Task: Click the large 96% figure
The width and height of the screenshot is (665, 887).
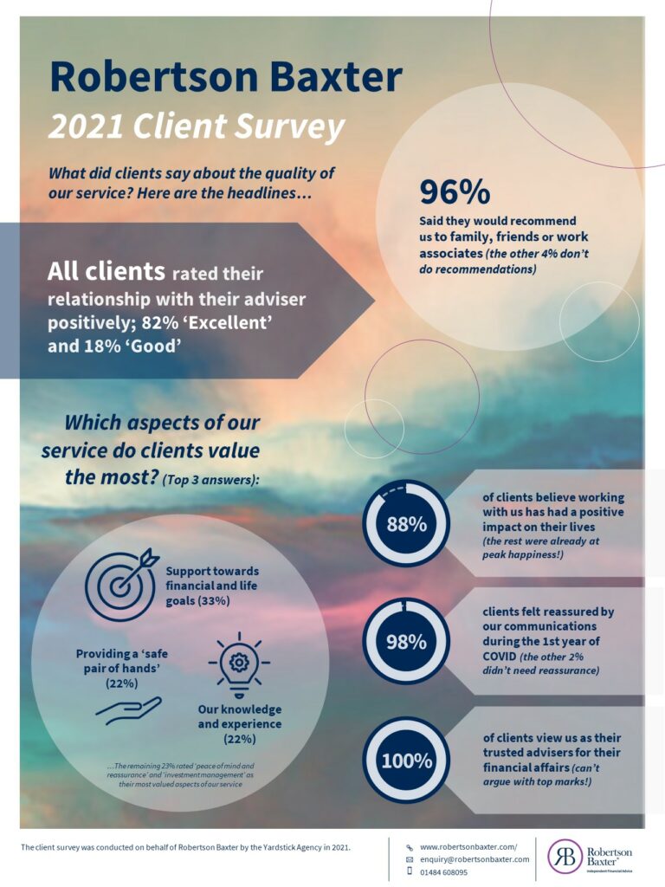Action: click(455, 191)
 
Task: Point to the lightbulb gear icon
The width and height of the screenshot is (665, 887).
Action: click(239, 665)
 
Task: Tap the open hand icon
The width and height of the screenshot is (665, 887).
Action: click(128, 710)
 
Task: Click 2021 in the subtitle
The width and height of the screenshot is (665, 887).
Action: click(86, 126)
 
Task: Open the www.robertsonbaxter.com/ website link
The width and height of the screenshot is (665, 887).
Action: click(468, 847)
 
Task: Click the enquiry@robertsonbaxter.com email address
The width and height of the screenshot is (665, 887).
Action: click(475, 859)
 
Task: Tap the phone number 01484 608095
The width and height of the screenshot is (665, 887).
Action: click(444, 872)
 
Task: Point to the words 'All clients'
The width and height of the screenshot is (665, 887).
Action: click(106, 271)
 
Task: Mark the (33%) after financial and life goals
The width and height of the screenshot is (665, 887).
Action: click(213, 600)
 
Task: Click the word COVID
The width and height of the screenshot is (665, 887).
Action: click(500, 657)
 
